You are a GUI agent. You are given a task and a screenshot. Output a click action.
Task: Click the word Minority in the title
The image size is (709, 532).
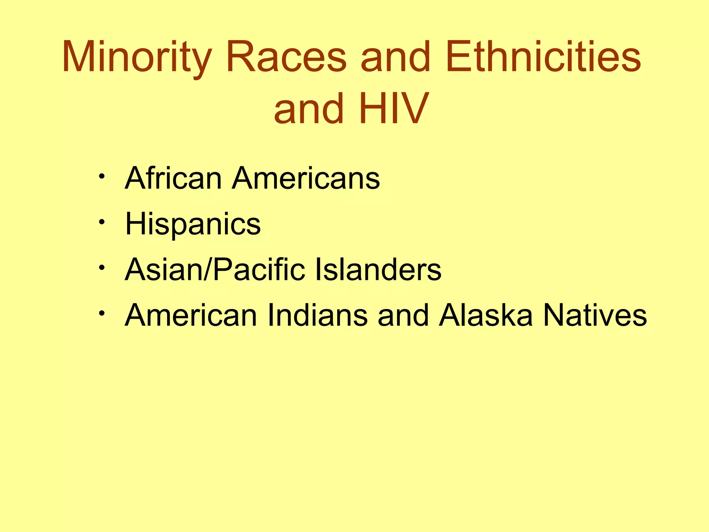pyautogui.click(x=137, y=57)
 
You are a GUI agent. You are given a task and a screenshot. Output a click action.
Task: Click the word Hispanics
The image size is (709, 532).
pyautogui.click(x=193, y=224)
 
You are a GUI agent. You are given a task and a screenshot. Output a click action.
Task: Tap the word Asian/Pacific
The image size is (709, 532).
pyautogui.click(x=215, y=270)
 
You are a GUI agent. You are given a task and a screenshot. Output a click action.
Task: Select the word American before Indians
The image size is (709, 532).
pyautogui.click(x=191, y=316)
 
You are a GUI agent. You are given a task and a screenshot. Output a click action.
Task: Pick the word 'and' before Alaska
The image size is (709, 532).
pyautogui.click(x=403, y=316)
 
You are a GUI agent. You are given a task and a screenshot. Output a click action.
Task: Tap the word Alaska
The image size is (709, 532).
pyautogui.click(x=486, y=316)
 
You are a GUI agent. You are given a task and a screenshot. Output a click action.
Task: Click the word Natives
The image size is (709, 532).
pyautogui.click(x=595, y=316)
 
